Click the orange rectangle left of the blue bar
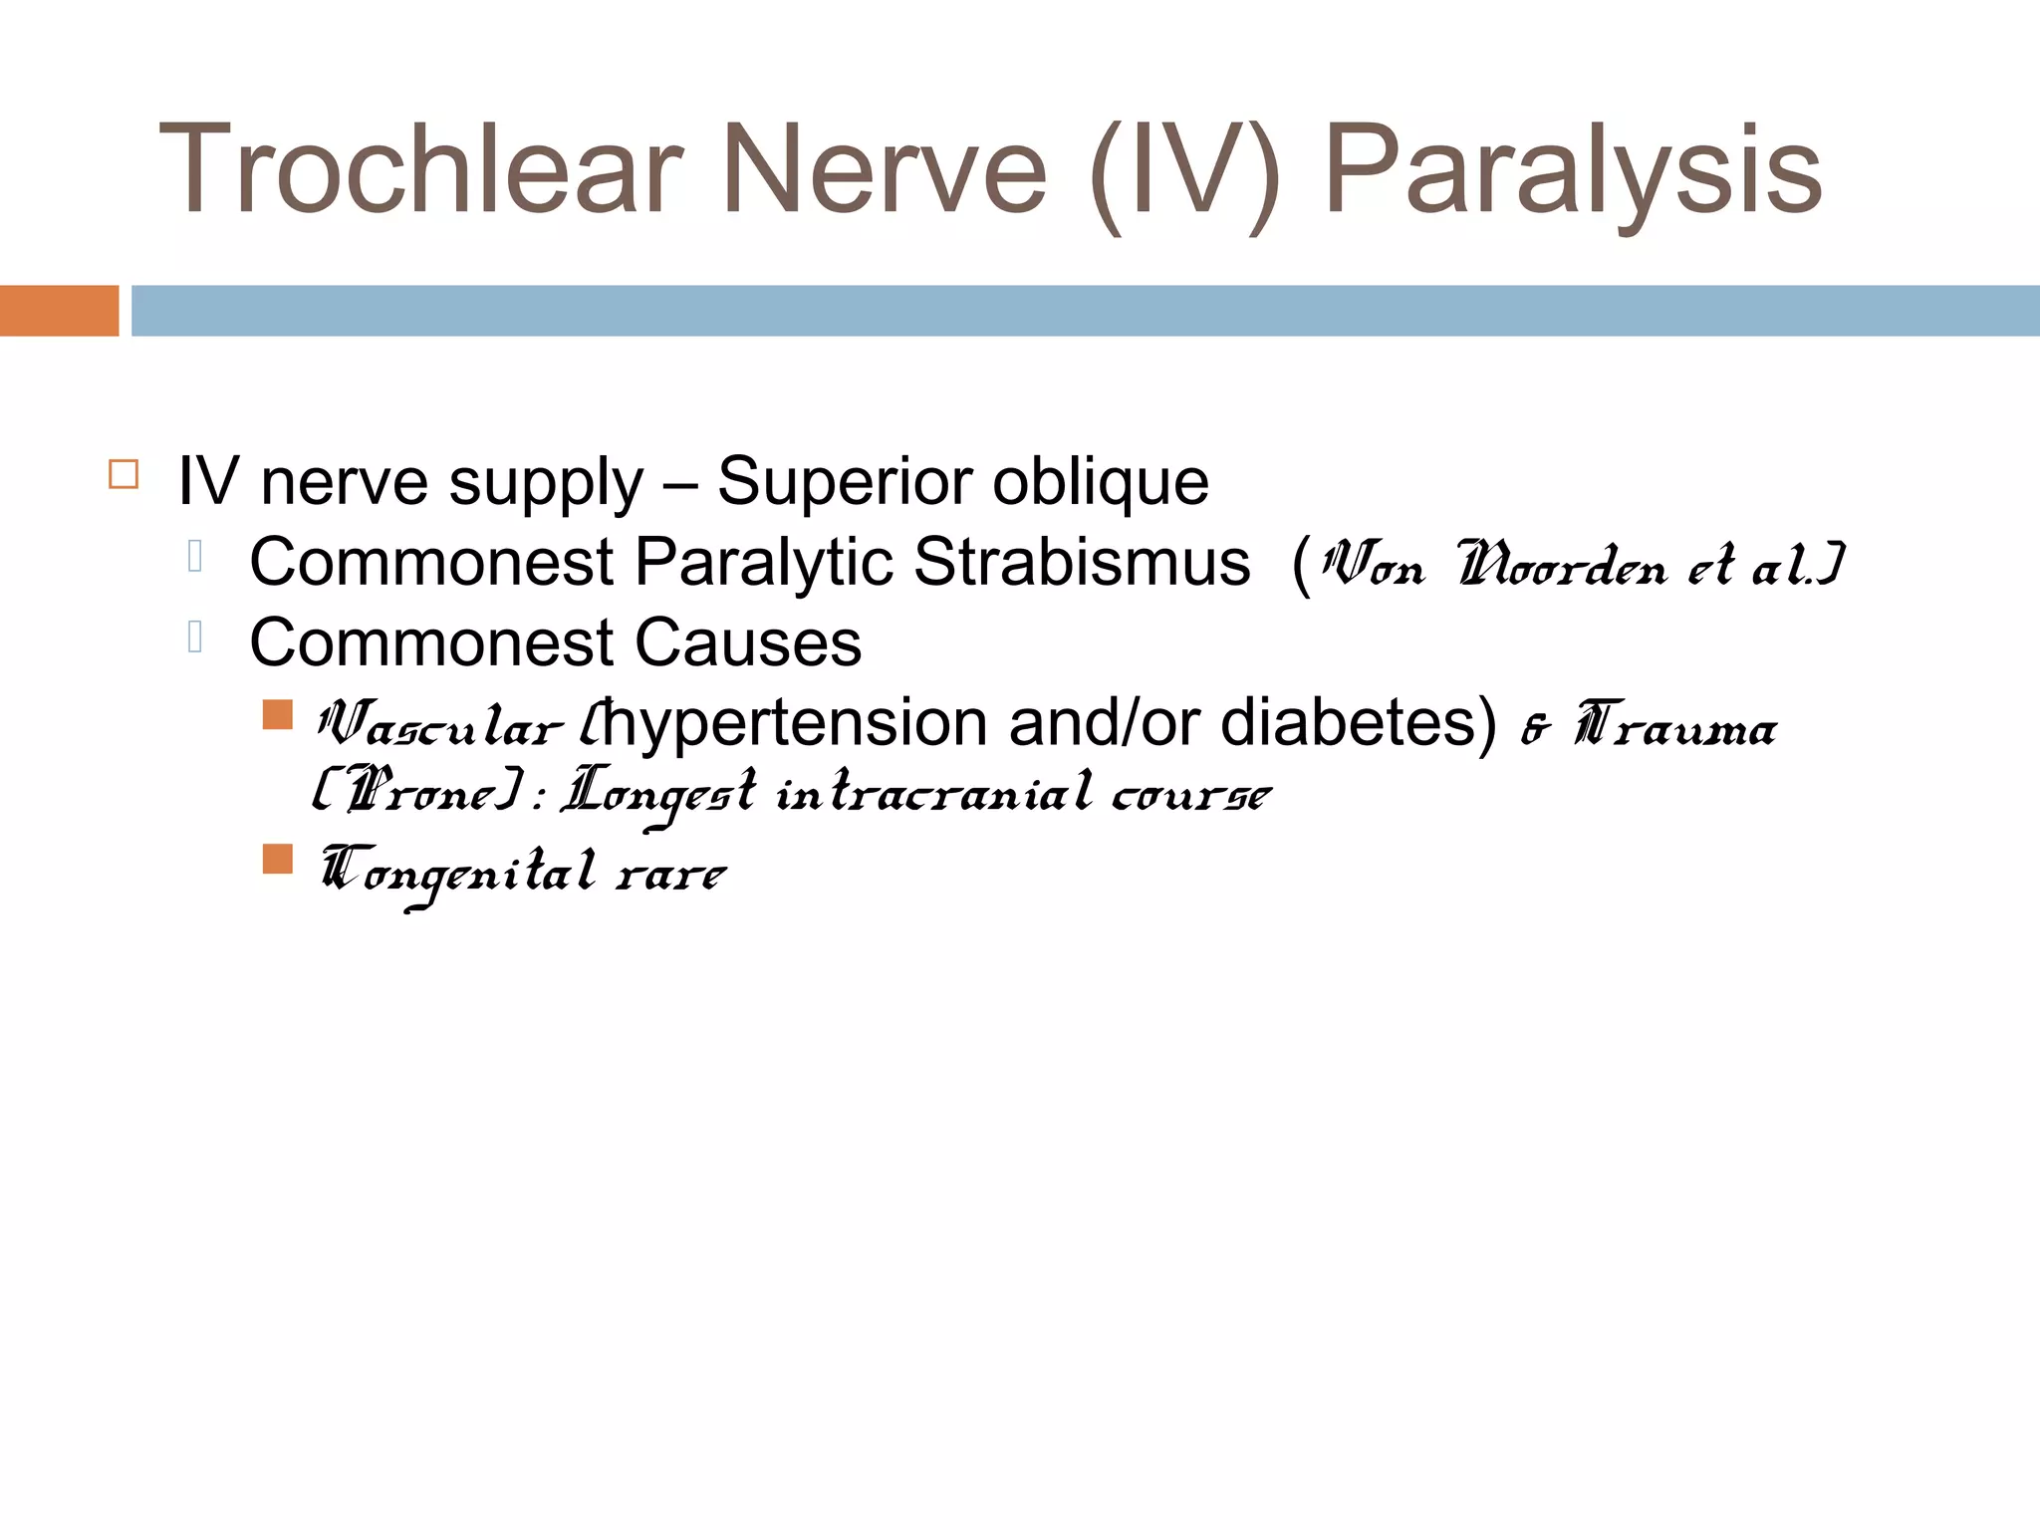[x=59, y=311]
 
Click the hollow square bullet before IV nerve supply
[x=124, y=474]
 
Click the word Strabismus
[x=1082, y=563]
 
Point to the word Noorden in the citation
[x=1561, y=566]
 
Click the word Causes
[x=747, y=643]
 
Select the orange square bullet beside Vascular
[x=278, y=714]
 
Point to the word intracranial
[x=933, y=794]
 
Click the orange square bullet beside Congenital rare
[x=278, y=859]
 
